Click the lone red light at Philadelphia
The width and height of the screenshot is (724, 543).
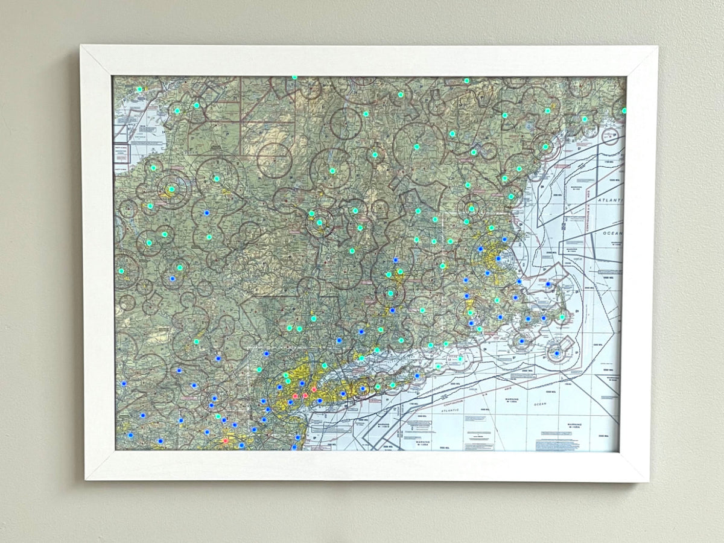[226, 440]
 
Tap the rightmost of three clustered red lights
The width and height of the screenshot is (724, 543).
[314, 389]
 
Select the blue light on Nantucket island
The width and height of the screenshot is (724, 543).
[557, 353]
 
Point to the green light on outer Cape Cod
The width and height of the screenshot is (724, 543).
[562, 316]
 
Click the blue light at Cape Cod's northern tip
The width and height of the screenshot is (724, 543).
[548, 283]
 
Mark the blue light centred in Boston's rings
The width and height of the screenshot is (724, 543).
[498, 258]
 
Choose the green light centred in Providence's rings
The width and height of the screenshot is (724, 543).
[470, 313]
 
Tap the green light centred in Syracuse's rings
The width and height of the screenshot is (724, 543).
[171, 189]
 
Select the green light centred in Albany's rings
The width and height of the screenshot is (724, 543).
[319, 222]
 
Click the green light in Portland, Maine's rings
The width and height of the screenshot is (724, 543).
[545, 147]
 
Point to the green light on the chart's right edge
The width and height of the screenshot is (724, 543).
[624, 111]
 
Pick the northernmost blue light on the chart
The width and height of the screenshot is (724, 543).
[206, 213]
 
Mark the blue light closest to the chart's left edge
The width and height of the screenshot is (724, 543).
[123, 383]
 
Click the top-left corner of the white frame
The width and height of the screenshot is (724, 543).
[81, 46]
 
